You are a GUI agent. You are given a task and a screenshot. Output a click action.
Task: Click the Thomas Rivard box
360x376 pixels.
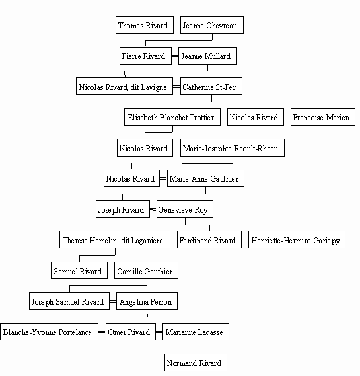(145, 25)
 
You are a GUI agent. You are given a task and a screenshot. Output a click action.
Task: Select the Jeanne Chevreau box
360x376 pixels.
(212, 25)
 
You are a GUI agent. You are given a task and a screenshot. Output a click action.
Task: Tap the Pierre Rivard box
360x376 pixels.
(145, 56)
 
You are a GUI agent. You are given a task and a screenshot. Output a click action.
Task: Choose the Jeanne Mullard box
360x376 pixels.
(207, 56)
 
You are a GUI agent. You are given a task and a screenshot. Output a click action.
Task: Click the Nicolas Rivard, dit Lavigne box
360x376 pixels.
(124, 87)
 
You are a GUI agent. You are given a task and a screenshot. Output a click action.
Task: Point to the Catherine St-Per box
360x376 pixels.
(211, 87)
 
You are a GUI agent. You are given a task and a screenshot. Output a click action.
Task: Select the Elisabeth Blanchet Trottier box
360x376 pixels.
(172, 117)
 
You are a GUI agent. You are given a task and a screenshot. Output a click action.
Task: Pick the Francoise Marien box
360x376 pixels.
(323, 117)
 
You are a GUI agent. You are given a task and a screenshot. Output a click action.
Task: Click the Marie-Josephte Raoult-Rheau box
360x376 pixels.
(233, 148)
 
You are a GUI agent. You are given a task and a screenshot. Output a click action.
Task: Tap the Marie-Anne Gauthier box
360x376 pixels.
(205, 178)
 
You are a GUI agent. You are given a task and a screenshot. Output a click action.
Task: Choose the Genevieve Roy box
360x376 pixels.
(185, 209)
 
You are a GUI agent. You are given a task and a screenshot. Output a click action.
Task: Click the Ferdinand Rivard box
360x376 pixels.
(209, 240)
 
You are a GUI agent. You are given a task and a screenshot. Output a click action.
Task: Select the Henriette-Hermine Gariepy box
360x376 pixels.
(297, 240)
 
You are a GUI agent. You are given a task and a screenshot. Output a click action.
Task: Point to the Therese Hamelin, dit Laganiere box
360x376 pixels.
(115, 240)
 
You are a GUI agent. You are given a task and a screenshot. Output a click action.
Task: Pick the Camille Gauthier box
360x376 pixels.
(146, 270)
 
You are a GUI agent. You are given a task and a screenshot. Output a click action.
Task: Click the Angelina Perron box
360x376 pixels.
(147, 301)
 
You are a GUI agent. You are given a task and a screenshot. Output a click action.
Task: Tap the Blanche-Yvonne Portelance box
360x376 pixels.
(49, 332)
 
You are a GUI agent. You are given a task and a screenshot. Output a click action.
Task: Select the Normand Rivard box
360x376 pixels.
(196, 362)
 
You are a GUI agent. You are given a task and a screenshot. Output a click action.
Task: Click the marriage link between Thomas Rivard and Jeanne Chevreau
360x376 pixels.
(177, 25)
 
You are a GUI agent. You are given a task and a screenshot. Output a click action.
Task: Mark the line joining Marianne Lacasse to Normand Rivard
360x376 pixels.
(196, 347)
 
